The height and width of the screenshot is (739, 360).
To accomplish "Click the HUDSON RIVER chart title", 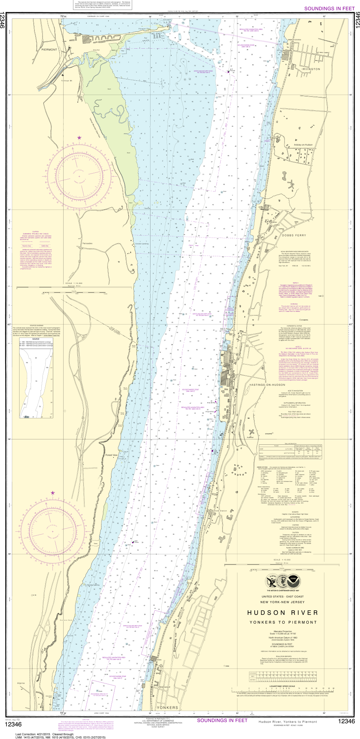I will click(283, 613).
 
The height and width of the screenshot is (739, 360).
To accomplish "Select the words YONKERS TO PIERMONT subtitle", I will click(283, 622).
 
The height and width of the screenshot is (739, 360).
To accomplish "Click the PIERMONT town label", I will click(49, 50).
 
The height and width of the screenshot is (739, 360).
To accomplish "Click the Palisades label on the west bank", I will click(88, 243).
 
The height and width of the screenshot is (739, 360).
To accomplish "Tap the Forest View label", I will click(111, 455).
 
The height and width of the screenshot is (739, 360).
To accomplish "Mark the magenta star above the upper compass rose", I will click(79, 137).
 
